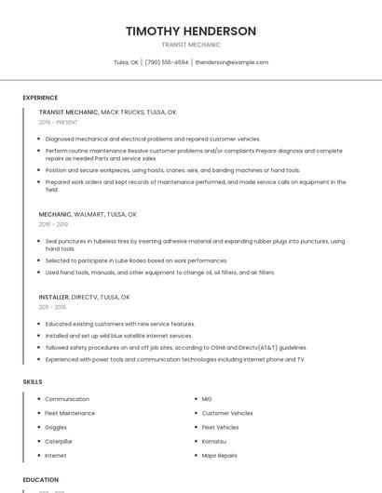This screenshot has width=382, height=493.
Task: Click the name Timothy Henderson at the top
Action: pos(191,31)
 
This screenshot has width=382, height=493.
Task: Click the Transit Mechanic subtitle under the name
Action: pos(191,45)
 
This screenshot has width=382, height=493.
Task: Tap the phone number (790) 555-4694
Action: pos(167,62)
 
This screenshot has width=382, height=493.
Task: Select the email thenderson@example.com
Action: pos(232,62)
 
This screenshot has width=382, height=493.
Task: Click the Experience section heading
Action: pos(40,98)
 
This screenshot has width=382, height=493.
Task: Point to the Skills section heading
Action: pos(33,381)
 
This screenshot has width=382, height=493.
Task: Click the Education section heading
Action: pos(41,480)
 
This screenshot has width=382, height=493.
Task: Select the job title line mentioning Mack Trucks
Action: pos(107,112)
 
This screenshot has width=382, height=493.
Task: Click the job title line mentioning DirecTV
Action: pos(85,297)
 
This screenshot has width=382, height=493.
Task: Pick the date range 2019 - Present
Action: pos(59,122)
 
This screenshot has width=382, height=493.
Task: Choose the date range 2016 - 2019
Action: pos(53,224)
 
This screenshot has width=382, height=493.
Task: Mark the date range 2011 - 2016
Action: pos(52,307)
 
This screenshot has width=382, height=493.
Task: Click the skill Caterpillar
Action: pos(59,441)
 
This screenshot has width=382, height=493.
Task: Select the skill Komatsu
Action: pos(213,441)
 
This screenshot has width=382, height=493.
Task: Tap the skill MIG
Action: pos(207,399)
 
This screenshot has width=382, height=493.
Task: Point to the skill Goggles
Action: pos(56,427)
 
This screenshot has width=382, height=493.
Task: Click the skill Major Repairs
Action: pos(220,456)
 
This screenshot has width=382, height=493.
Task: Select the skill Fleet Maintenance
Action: pos(70,413)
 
